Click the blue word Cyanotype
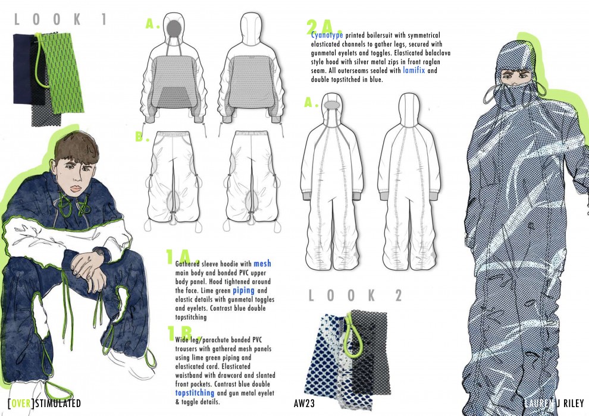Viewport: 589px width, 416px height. coord(327,35)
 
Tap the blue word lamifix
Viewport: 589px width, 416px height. coord(414,70)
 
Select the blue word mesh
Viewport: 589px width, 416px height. coord(262,264)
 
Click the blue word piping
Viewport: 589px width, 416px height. coord(243,291)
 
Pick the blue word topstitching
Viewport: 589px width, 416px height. coord(195,393)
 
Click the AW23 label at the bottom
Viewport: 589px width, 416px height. coord(304,404)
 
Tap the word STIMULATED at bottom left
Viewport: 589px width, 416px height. coord(58,404)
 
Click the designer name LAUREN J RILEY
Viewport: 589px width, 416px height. coord(554,404)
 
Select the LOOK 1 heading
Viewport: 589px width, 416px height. coord(60,19)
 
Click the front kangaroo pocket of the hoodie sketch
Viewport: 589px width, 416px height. coord(174,97)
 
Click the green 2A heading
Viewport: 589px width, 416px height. coord(324,27)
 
